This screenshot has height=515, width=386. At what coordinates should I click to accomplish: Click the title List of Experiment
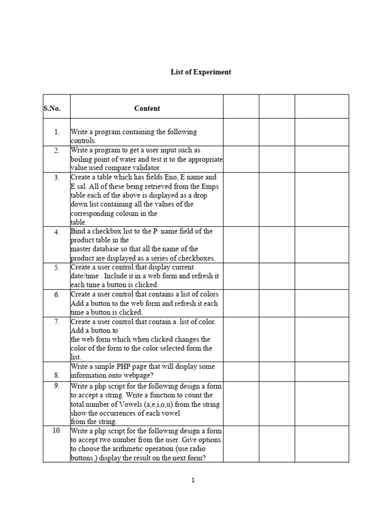(x=201, y=72)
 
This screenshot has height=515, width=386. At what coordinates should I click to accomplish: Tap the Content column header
(x=147, y=108)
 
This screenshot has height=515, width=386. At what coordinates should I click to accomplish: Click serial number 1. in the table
(x=57, y=132)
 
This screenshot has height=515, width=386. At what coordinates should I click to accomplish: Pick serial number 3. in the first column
(x=57, y=177)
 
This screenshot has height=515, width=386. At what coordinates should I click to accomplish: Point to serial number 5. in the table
(x=57, y=268)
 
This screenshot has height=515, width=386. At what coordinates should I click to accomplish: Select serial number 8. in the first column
(x=57, y=375)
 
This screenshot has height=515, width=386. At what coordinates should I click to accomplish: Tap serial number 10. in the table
(x=57, y=431)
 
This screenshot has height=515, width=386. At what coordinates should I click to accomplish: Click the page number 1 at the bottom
(x=193, y=480)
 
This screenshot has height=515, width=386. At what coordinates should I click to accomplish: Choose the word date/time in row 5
(x=83, y=276)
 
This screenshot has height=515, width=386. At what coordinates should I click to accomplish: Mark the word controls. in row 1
(x=83, y=141)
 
